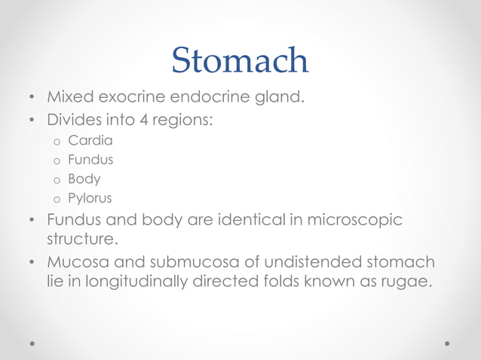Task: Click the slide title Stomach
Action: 240,60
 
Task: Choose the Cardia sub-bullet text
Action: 90,140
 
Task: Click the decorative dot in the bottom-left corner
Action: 32,343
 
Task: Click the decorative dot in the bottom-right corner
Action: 447,343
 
